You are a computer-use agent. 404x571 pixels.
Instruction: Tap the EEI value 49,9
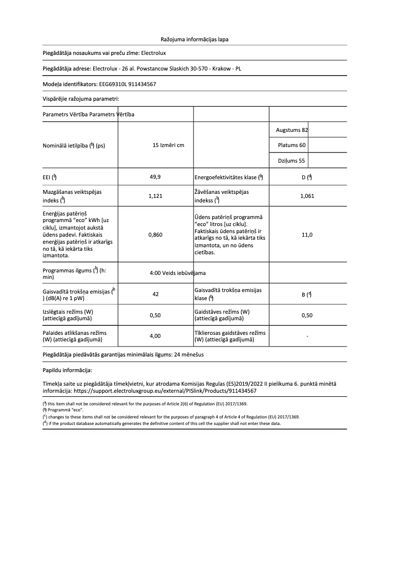(155, 177)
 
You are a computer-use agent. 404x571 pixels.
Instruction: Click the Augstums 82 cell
(292, 130)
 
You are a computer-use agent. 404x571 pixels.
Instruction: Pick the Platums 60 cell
(292, 146)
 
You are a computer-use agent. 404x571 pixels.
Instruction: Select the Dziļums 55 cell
(292, 161)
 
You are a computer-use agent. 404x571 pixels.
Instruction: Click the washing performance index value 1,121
(155, 196)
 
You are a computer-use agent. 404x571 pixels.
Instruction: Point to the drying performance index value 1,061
(307, 196)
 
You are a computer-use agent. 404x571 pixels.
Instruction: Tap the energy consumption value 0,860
(155, 235)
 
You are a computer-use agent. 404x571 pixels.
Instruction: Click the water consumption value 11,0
(307, 235)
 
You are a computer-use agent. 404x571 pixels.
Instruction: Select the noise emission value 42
(155, 294)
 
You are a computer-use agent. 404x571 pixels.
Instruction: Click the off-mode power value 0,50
(155, 315)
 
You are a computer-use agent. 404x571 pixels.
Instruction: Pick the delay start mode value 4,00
(155, 336)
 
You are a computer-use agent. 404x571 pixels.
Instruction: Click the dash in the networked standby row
(307, 336)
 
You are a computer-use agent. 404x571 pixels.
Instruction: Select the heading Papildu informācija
(67, 370)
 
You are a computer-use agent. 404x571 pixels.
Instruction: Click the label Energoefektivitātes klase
(226, 177)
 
